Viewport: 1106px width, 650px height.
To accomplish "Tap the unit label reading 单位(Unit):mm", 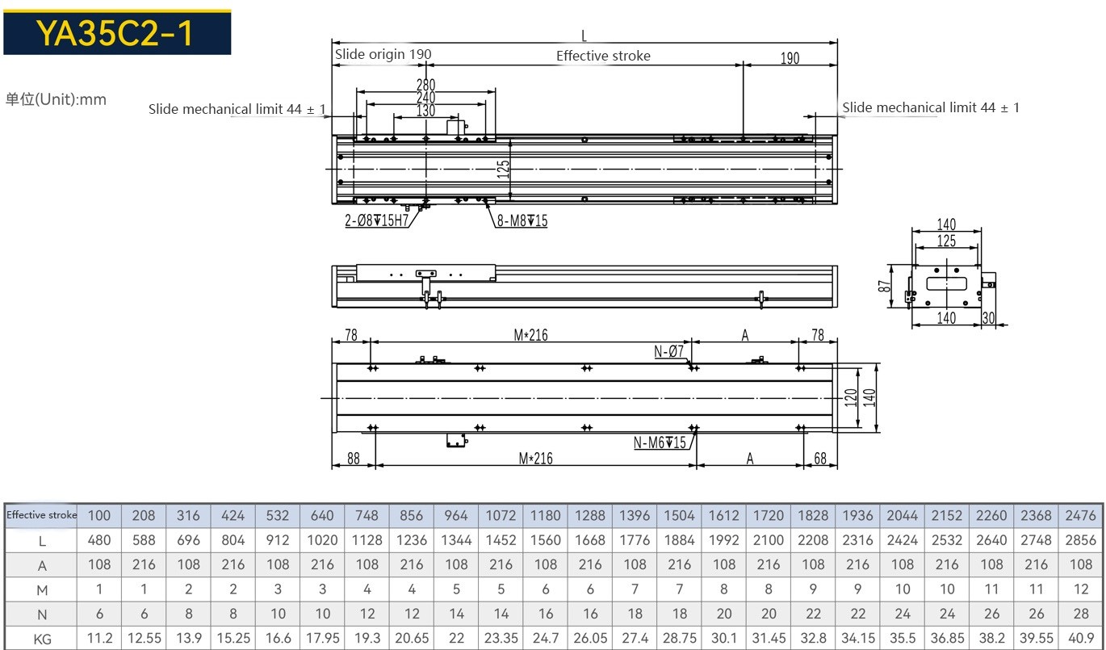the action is pyautogui.click(x=56, y=99).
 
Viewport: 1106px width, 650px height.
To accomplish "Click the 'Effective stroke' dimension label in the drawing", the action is pyautogui.click(x=603, y=56).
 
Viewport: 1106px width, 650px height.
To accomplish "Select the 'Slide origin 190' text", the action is pyautogui.click(x=383, y=54).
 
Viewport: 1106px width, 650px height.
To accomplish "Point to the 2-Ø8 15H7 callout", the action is pyautogui.click(x=377, y=220).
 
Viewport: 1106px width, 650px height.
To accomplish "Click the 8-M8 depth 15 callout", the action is pyautogui.click(x=522, y=220).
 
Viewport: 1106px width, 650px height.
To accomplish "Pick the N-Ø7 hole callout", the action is pyautogui.click(x=668, y=351).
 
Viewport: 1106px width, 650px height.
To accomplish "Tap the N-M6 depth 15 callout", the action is pyautogui.click(x=660, y=442).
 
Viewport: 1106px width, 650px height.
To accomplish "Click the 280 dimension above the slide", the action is pyautogui.click(x=425, y=85).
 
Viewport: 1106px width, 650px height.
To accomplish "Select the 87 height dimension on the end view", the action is pyautogui.click(x=884, y=286).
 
